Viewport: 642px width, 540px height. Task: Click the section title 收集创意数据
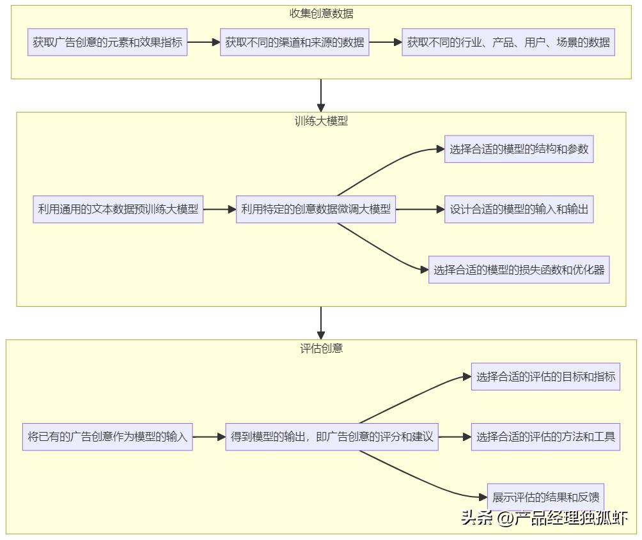pyautogui.click(x=321, y=13)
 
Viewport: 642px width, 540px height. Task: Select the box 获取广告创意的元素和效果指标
pyautogui.click(x=107, y=43)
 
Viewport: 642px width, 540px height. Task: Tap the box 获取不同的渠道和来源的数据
pyautogui.click(x=295, y=43)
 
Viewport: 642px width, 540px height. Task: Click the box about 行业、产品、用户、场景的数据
pyautogui.click(x=508, y=43)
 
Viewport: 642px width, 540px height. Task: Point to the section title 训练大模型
pyautogui.click(x=321, y=121)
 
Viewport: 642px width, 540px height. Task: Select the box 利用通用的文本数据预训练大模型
pyautogui.click(x=118, y=209)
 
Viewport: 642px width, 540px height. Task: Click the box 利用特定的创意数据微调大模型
pyautogui.click(x=316, y=209)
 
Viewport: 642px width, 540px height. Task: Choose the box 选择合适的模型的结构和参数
pyautogui.click(x=519, y=150)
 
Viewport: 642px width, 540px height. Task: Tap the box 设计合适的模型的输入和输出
pyautogui.click(x=519, y=209)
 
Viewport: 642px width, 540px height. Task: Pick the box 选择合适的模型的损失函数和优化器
pyautogui.click(x=519, y=270)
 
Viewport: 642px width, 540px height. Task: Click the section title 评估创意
pyautogui.click(x=321, y=348)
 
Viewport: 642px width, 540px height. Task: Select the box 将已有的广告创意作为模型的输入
pyautogui.click(x=107, y=437)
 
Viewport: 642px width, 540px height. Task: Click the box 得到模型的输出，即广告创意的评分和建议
pyautogui.click(x=332, y=437)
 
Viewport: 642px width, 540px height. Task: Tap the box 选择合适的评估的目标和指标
pyautogui.click(x=545, y=376)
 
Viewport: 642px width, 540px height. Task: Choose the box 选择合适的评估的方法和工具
pyautogui.click(x=545, y=437)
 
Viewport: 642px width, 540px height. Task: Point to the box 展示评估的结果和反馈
pyautogui.click(x=545, y=497)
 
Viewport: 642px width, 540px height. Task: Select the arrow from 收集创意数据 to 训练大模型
pyautogui.click(x=321, y=95)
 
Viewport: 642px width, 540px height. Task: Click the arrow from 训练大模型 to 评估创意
pyautogui.click(x=321, y=323)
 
